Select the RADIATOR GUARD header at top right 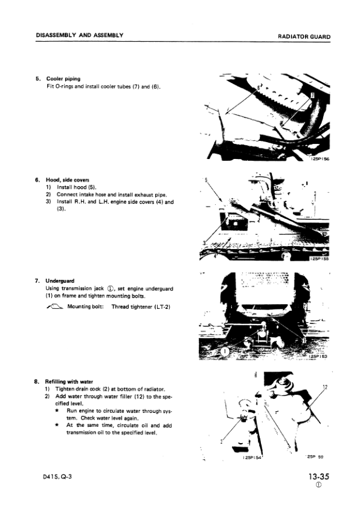304,37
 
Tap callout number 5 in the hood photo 207,180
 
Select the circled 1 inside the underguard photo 224,351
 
